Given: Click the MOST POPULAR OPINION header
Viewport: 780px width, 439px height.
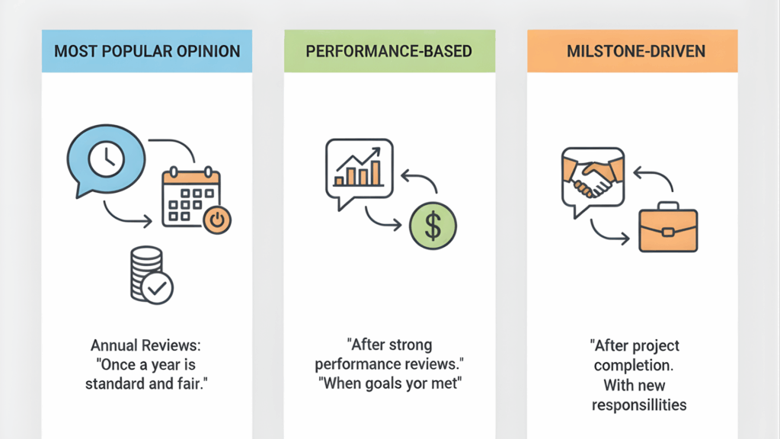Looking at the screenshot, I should click(147, 52).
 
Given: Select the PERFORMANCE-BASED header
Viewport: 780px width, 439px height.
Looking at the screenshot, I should click(389, 52).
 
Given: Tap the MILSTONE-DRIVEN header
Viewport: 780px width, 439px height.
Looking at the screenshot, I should click(631, 52).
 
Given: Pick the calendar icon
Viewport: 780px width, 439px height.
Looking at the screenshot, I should click(190, 197).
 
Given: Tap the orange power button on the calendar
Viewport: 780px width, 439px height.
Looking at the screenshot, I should click(217, 220).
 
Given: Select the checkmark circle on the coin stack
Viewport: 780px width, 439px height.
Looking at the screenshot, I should click(159, 289).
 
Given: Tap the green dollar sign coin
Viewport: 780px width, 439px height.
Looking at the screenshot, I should click(433, 226).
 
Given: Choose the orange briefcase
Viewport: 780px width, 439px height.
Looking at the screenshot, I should click(668, 228).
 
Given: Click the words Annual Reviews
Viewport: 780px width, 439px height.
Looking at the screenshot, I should click(147, 345).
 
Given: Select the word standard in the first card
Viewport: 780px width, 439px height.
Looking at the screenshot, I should click(121, 383).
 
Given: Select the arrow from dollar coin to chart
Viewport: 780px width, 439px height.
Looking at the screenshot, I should click(420, 183).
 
